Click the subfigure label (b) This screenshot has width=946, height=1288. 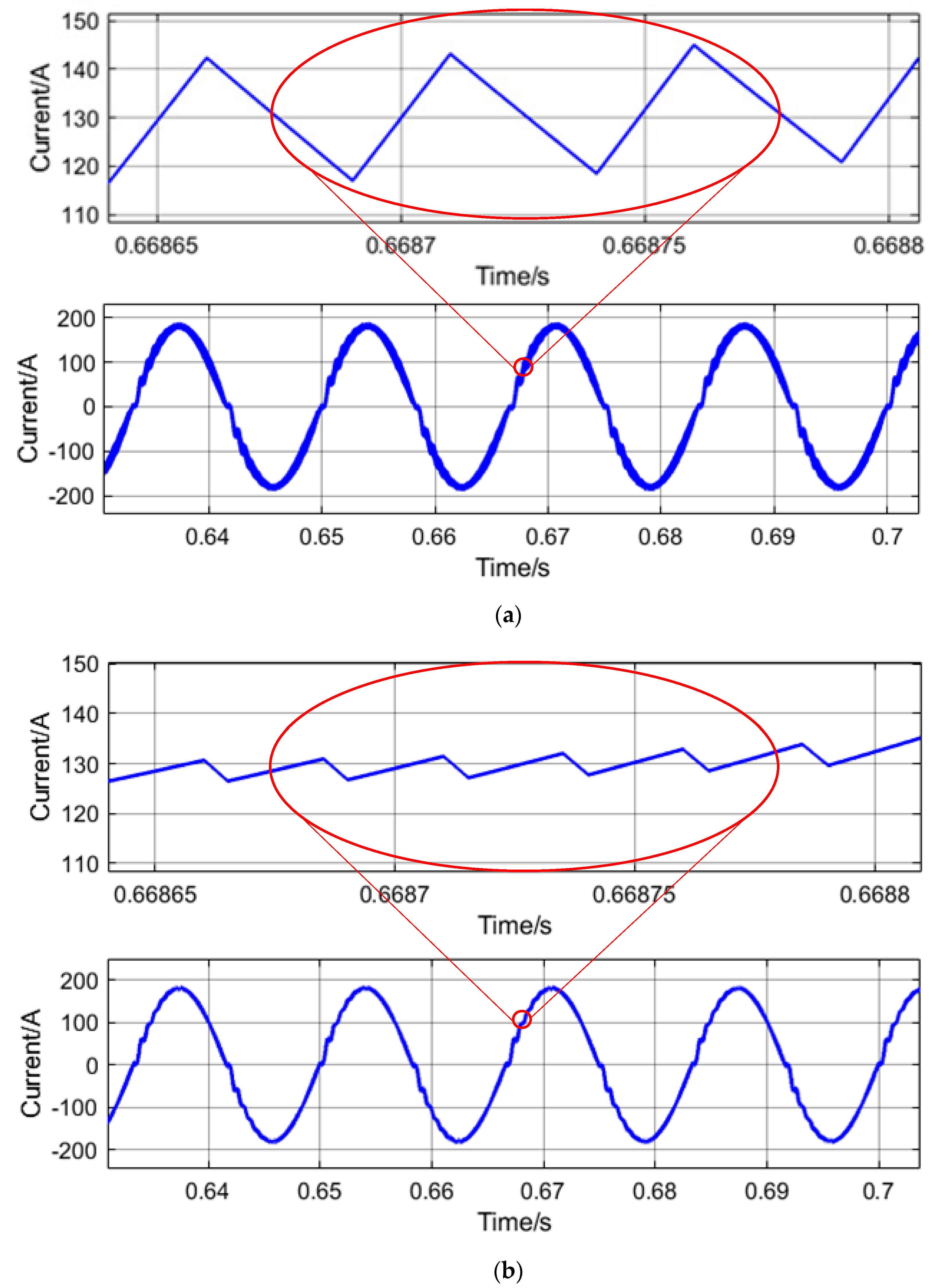pyautogui.click(x=507, y=1271)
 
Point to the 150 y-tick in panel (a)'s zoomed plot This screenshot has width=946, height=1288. pyautogui.click(x=80, y=22)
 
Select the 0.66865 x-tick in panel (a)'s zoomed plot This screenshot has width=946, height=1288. pyautogui.click(x=156, y=246)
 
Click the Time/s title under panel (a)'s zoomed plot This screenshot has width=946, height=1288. pyautogui.click(x=513, y=276)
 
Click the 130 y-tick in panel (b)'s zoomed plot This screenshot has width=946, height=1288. pyautogui.click(x=80, y=764)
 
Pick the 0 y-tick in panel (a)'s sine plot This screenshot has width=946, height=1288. pyautogui.click(x=89, y=407)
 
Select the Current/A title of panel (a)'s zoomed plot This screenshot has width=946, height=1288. pyautogui.click(x=40, y=118)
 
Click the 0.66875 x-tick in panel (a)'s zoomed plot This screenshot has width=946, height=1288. pyautogui.click(x=644, y=246)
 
